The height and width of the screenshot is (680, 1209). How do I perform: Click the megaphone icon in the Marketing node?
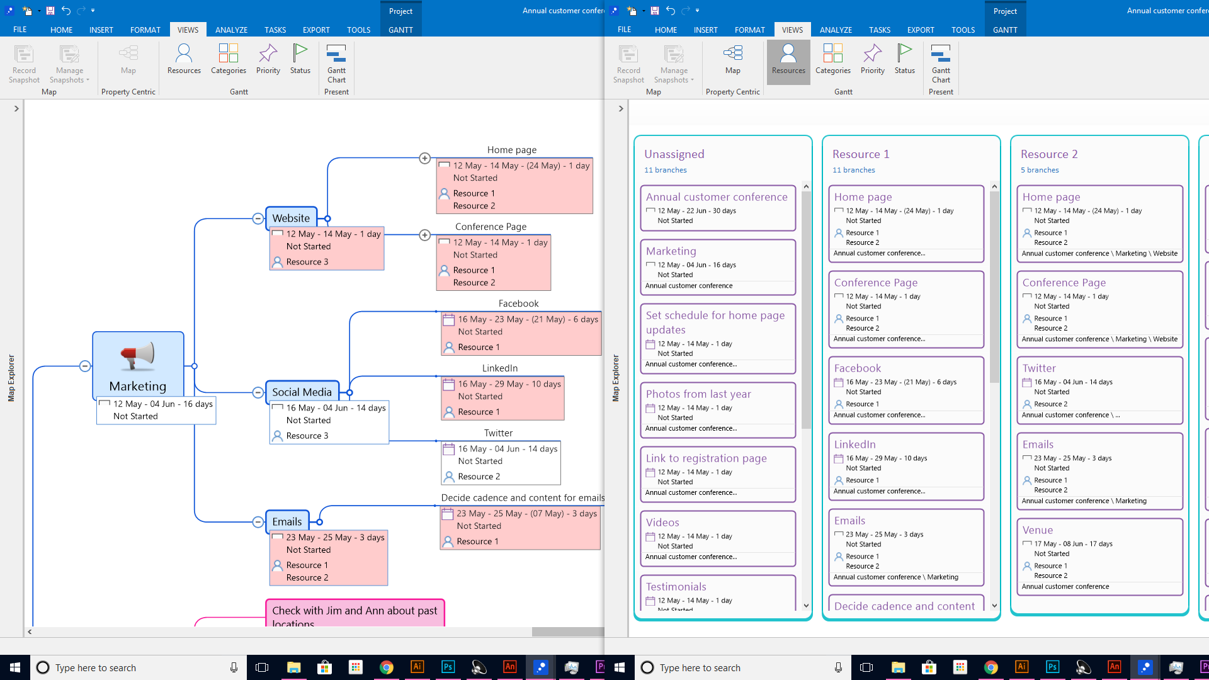tap(137, 356)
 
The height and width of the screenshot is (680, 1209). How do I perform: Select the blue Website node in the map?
tap(291, 218)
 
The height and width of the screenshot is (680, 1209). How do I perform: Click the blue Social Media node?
tap(302, 392)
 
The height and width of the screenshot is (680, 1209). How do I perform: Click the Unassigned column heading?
tap(674, 154)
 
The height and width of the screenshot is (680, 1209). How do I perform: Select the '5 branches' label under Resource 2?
tap(1040, 170)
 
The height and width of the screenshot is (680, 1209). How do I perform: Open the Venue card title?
tap(1037, 530)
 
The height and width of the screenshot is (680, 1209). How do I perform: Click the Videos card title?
tap(662, 523)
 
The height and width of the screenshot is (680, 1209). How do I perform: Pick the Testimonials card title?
tap(676, 587)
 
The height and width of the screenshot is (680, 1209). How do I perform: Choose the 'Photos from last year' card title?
tap(698, 394)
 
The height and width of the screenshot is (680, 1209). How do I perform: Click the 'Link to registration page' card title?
tap(706, 458)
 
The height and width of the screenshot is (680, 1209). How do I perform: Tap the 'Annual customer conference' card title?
tap(717, 197)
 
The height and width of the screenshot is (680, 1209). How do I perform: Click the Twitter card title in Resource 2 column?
tap(1039, 368)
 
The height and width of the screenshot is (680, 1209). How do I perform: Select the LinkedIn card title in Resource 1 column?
tap(854, 445)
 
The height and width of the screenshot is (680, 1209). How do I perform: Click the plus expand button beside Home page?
tap(425, 159)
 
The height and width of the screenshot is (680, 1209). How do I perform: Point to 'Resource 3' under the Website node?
tap(307, 262)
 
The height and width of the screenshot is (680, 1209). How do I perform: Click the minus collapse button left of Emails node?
tap(258, 522)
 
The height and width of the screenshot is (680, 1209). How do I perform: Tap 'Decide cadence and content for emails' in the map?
tap(522, 498)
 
